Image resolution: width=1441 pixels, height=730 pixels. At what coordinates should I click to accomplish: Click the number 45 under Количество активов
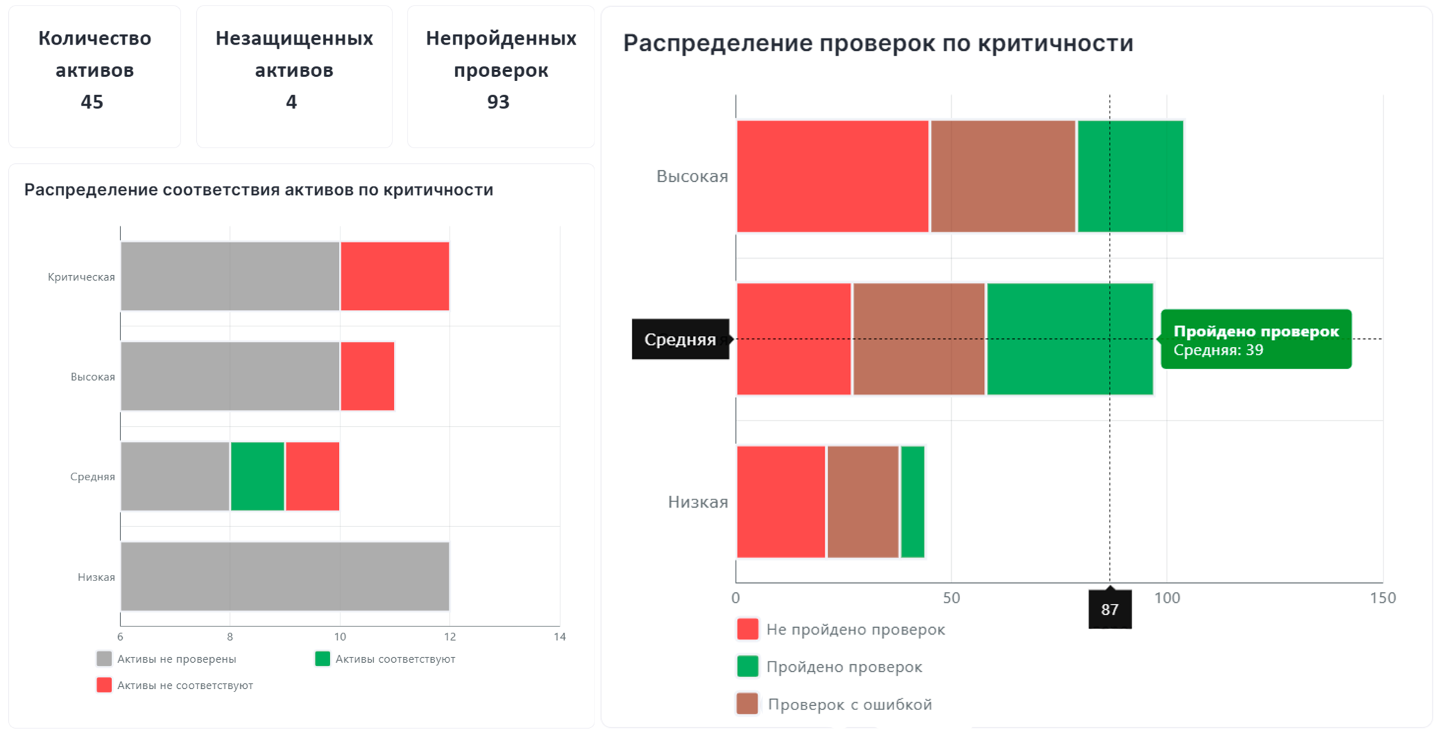92,102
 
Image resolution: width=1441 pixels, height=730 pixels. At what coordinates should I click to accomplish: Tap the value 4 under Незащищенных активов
292,102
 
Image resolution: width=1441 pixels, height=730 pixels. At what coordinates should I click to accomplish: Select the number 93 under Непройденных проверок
498,102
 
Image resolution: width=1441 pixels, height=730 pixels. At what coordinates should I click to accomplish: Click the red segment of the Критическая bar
395,276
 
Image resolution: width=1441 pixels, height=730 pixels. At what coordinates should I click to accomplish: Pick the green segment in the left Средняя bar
257,476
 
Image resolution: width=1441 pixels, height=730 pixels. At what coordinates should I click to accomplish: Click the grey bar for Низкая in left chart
285,576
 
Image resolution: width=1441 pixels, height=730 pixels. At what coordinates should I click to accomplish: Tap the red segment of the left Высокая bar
367,376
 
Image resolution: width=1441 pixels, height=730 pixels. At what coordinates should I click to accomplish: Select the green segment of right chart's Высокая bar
1130,176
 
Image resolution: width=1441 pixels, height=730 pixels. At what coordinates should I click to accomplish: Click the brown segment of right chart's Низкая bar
863,502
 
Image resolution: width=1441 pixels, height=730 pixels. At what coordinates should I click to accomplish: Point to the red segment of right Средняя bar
793,339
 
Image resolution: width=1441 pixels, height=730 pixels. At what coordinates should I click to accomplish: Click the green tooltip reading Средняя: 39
1256,340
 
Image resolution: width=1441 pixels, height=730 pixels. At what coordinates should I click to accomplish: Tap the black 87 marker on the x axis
1110,609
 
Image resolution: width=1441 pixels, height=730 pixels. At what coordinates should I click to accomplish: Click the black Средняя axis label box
680,339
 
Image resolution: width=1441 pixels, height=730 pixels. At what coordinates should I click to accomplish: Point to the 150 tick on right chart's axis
1382,598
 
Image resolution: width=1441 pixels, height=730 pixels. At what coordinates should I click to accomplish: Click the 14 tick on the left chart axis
560,637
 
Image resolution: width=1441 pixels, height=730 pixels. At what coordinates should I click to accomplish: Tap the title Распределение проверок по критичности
878,43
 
